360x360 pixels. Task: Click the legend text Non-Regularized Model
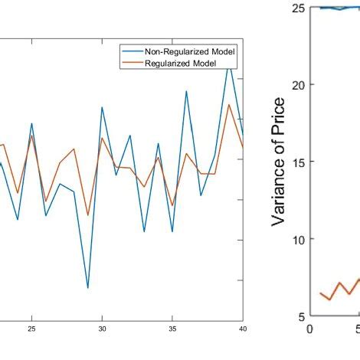point(190,51)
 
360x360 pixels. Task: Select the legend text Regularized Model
point(183,63)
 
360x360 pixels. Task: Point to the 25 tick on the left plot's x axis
point(31,329)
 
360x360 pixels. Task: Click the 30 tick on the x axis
point(102,329)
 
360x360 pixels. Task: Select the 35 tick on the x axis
point(172,329)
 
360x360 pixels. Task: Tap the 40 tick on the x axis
point(242,329)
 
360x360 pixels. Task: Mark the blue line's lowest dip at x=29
point(88,288)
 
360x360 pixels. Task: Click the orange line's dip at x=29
point(88,214)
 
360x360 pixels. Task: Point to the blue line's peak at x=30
point(102,107)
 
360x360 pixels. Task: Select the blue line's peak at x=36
point(186,91)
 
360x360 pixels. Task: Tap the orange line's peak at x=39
point(228,105)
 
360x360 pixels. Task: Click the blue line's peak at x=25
point(31,123)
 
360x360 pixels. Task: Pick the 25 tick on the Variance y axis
point(299,8)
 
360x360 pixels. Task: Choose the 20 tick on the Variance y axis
point(299,85)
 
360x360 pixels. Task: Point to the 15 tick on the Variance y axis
point(299,162)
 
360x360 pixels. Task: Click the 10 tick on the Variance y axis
point(299,239)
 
